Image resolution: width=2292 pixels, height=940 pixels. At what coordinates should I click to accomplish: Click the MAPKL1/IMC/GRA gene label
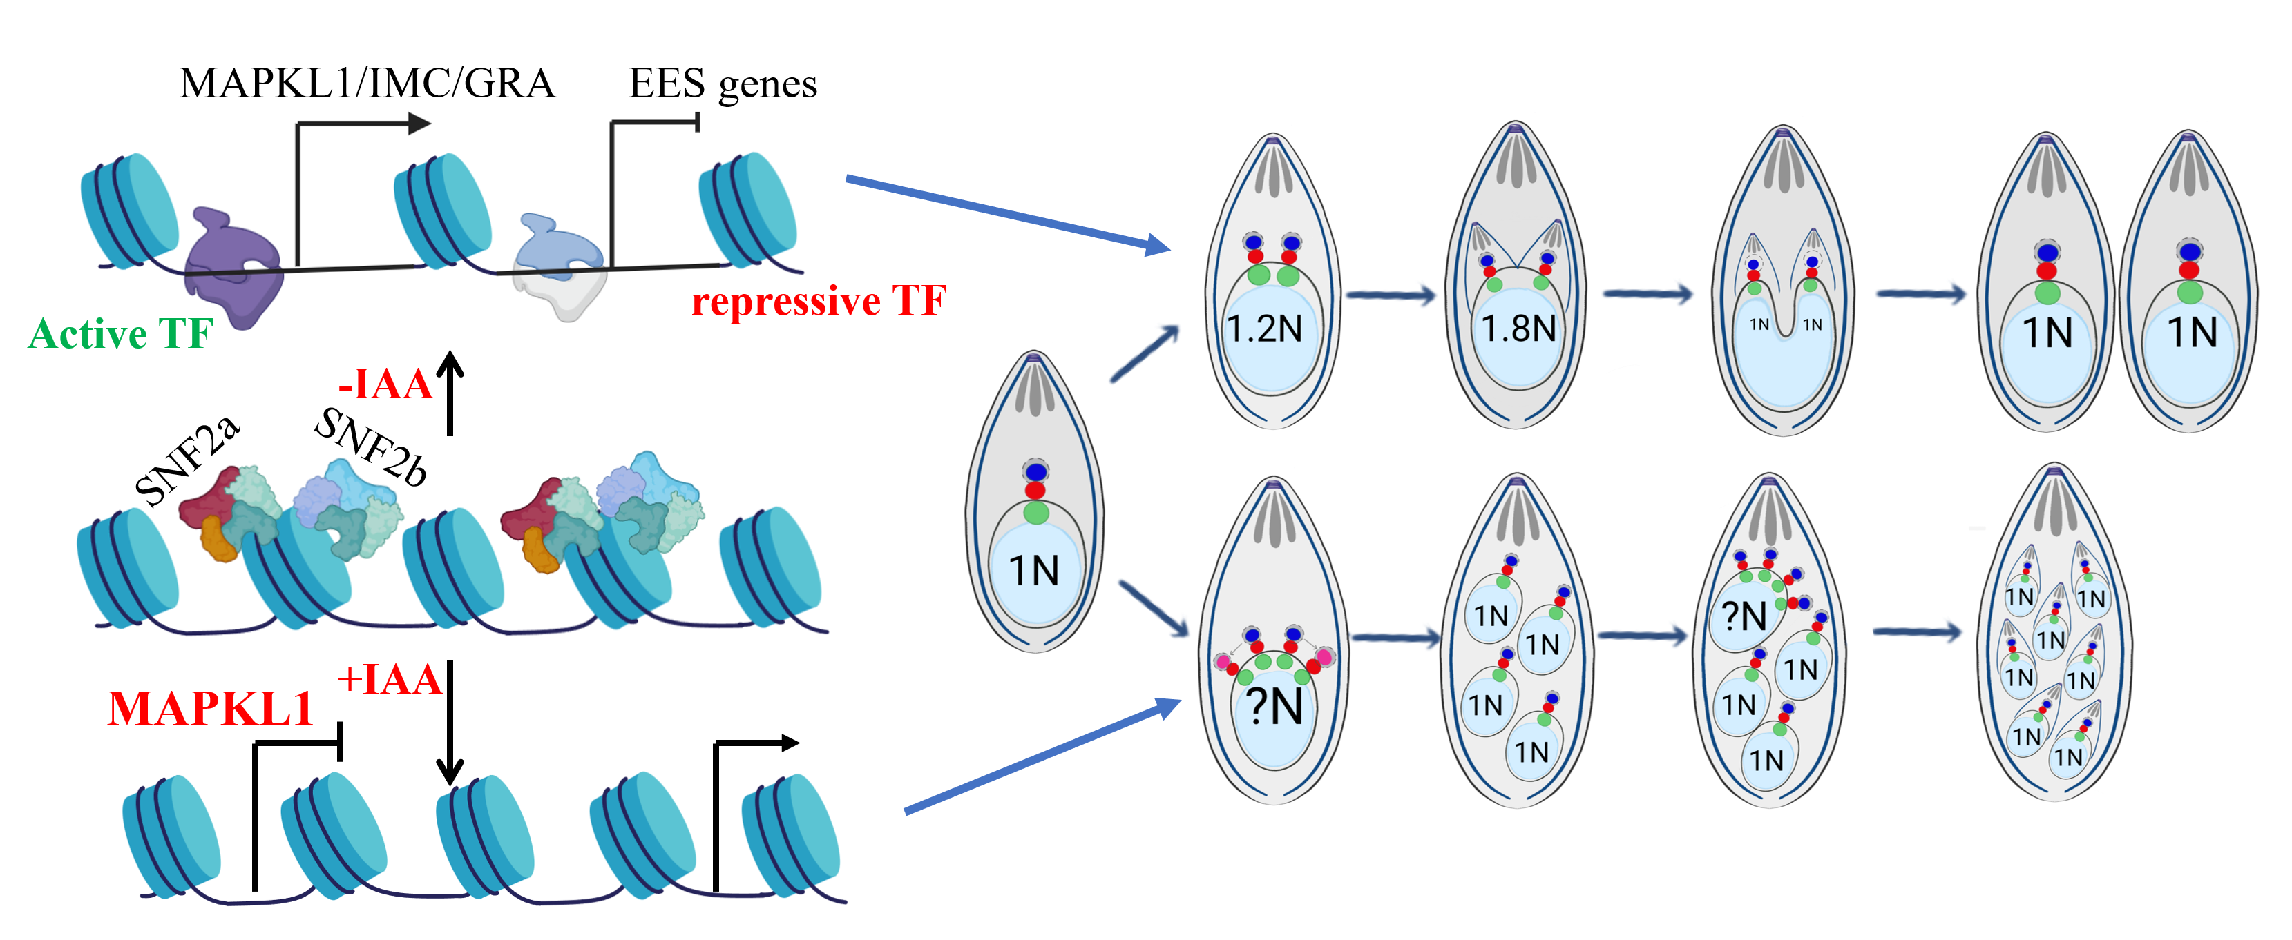[367, 84]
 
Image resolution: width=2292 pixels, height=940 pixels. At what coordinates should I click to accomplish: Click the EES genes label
[722, 84]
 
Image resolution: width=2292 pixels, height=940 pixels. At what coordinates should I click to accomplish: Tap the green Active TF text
[120, 334]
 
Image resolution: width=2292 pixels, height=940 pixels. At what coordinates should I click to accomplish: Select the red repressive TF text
[819, 301]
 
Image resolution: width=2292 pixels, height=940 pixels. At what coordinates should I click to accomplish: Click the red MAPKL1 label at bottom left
[210, 709]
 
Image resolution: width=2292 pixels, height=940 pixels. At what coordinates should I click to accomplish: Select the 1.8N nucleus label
[1518, 329]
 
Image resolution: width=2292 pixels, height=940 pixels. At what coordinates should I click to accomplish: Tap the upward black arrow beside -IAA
[450, 392]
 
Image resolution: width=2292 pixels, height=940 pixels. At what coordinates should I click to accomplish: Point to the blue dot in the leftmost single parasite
[1035, 471]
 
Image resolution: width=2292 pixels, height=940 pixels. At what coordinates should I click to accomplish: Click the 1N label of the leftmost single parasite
[1034, 571]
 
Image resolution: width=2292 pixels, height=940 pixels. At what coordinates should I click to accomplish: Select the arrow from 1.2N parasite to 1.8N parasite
[1391, 295]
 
